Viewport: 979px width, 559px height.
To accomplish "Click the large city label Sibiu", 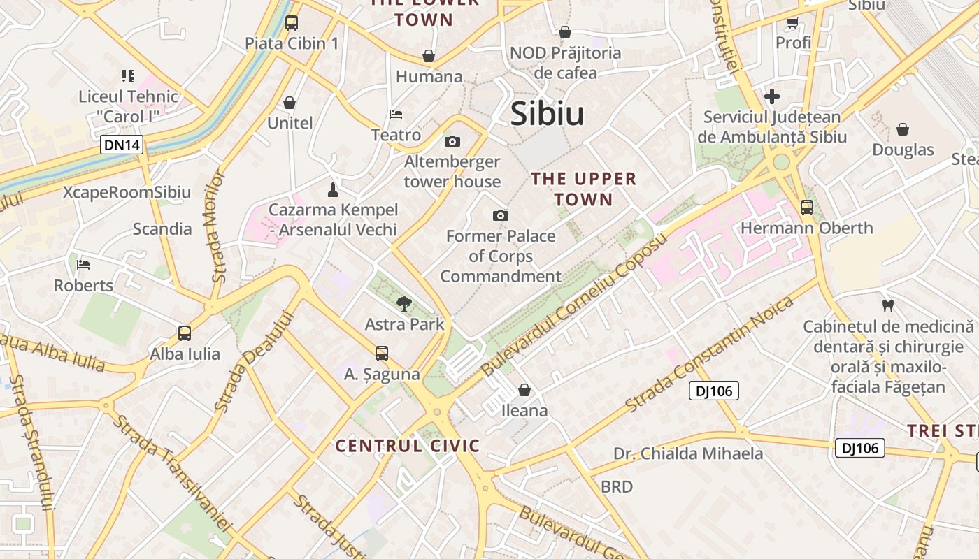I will [547, 114].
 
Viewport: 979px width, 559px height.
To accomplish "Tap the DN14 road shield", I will [122, 145].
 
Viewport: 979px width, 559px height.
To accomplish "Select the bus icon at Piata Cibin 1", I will [292, 22].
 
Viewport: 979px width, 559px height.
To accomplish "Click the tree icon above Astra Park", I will [403, 303].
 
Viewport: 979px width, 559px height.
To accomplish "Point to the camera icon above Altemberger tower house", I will [452, 141].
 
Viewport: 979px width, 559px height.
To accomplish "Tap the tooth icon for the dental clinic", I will [888, 305].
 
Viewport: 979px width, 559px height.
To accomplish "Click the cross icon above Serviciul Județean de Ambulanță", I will [772, 96].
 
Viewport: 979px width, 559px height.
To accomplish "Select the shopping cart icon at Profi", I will [792, 22].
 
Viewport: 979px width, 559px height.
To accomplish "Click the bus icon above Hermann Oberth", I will [807, 207].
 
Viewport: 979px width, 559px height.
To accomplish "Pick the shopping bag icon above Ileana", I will [524, 389].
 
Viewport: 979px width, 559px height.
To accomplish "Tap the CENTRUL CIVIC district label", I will [408, 446].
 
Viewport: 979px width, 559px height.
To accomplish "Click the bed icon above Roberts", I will [83, 264].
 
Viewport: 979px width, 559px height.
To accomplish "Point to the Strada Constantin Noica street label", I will [709, 354].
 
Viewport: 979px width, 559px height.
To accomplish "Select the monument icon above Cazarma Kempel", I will [333, 189].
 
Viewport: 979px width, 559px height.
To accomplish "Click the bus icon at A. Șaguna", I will [381, 354].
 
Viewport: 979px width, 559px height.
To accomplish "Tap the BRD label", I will [617, 486].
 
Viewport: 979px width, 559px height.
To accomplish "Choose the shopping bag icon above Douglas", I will [903, 129].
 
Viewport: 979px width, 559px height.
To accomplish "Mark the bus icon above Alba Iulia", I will [185, 333].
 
